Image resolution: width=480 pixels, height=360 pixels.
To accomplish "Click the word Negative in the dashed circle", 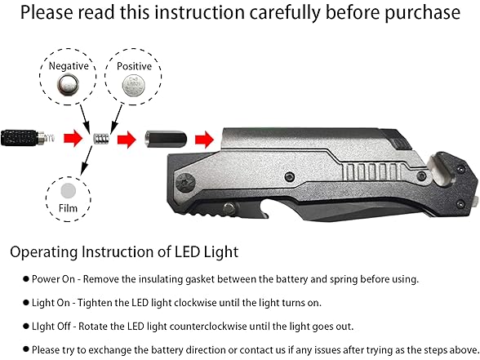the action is (x=69, y=66).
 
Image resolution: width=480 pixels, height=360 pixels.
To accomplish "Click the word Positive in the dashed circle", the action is (x=134, y=66).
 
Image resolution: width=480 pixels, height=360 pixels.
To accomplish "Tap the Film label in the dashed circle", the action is (x=68, y=208).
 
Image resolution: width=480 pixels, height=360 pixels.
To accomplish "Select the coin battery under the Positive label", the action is (x=133, y=85).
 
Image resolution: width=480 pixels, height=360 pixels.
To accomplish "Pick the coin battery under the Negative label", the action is (x=68, y=85).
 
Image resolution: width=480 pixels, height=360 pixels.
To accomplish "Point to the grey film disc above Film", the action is (x=68, y=191).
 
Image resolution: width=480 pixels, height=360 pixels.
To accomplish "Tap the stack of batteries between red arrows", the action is (x=101, y=139).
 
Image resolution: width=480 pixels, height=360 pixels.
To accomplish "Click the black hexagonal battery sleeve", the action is (x=166, y=140).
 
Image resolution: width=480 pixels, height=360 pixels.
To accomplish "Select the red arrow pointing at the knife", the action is (x=204, y=140).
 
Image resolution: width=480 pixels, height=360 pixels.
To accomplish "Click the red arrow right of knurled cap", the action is (x=73, y=139).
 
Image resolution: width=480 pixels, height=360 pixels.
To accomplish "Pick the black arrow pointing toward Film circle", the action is (x=86, y=160).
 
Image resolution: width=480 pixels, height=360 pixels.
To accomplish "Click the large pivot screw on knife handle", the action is (x=185, y=183).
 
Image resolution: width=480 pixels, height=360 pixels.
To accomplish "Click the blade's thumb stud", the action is (x=229, y=209).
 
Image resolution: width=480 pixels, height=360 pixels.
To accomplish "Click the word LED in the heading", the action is (x=187, y=252).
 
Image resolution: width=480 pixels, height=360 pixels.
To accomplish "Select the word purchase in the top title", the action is (x=422, y=13).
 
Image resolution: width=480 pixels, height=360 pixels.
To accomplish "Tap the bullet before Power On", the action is (x=26, y=279).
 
